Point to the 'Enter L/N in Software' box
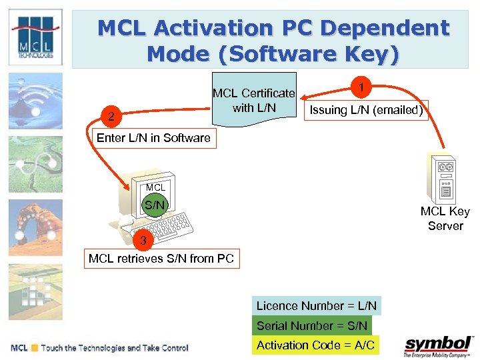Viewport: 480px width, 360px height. pyautogui.click(x=153, y=138)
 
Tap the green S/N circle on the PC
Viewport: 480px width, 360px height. pyautogui.click(x=155, y=205)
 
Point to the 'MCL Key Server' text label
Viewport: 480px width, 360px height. pyautogui.click(x=445, y=219)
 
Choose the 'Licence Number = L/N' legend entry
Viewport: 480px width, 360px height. pyautogui.click(x=317, y=306)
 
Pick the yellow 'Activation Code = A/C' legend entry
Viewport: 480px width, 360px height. pyautogui.click(x=316, y=345)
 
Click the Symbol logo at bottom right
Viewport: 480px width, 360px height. pyautogui.click(x=438, y=346)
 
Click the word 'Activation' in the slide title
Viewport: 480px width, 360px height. pyautogui.click(x=211, y=29)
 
